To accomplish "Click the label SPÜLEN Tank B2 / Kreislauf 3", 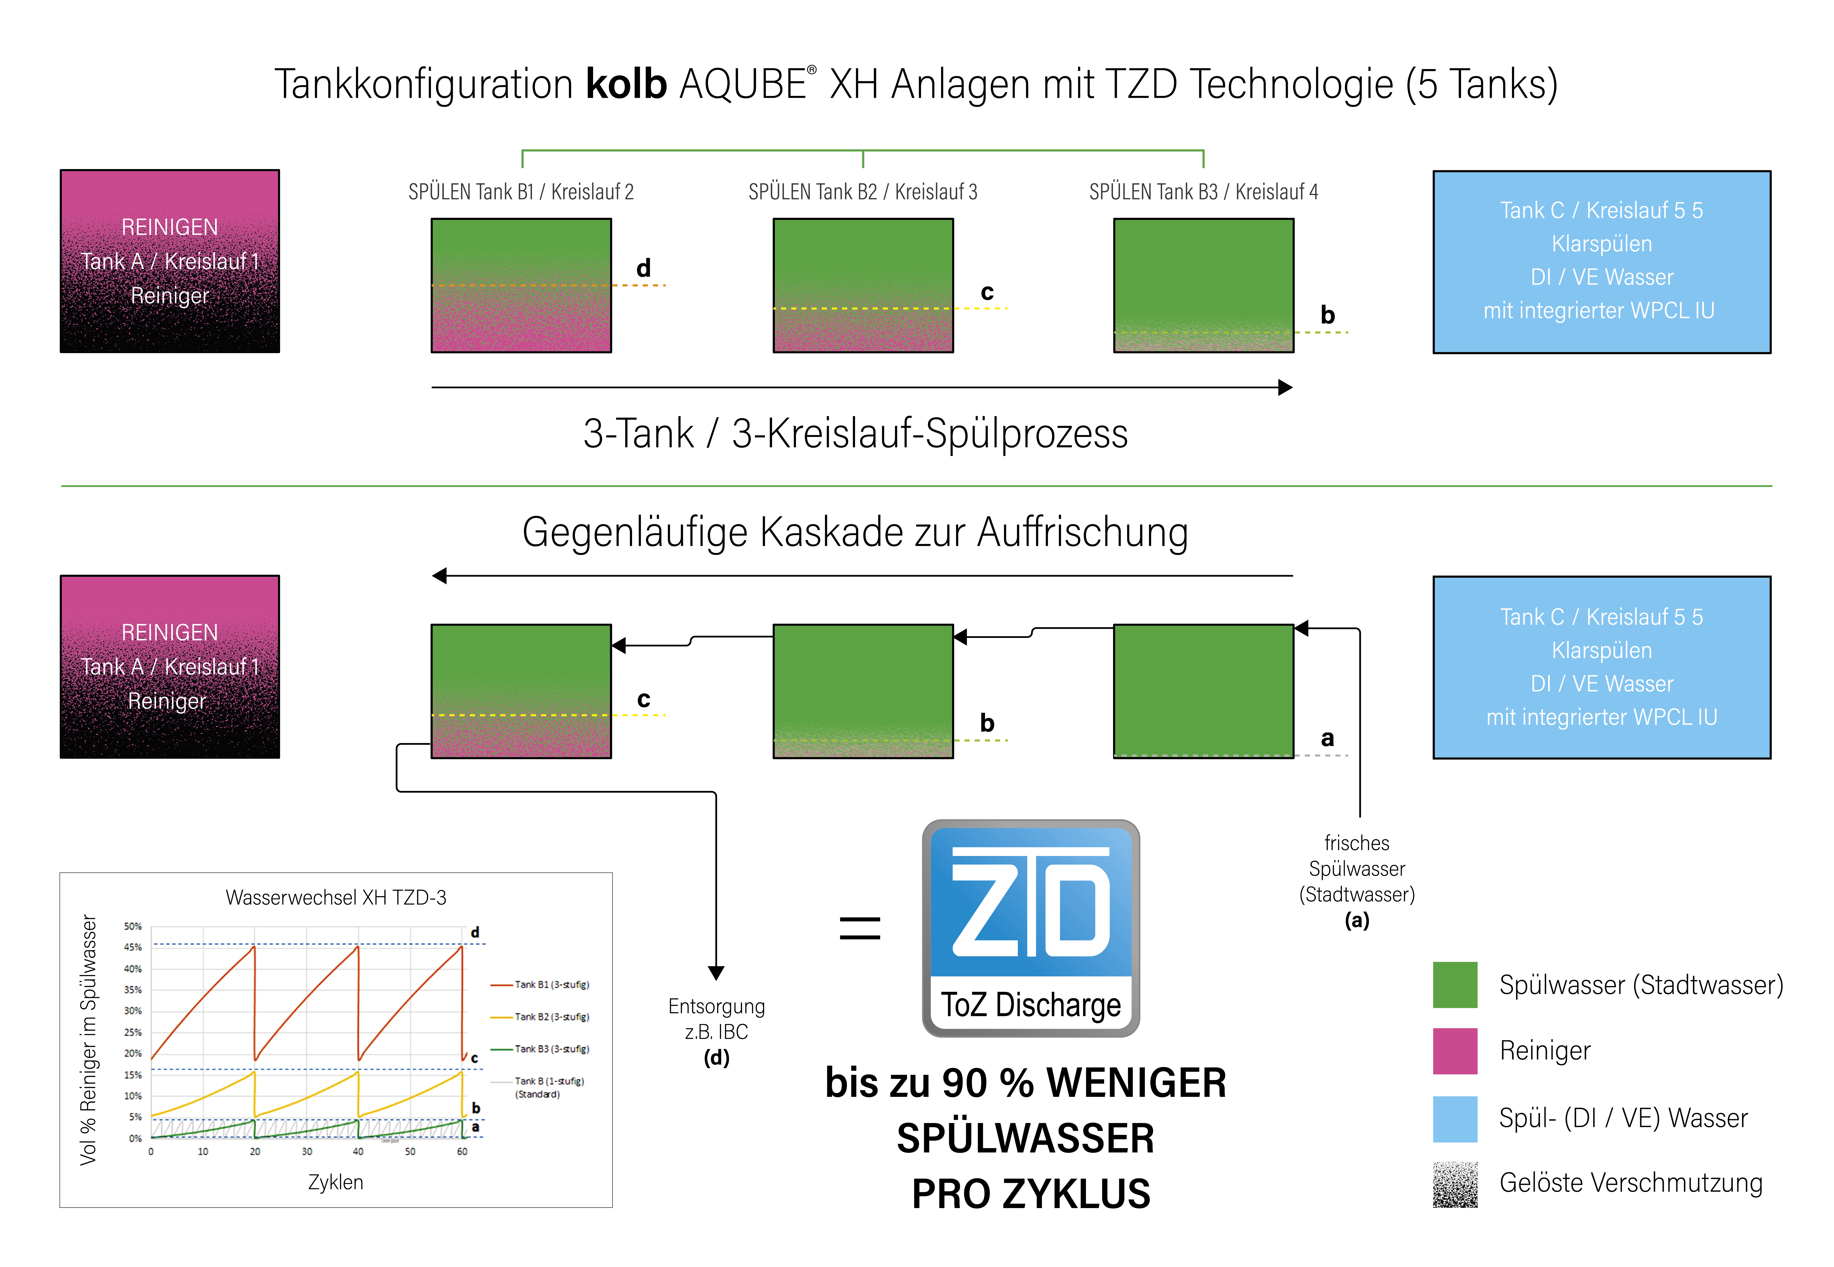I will click(863, 192).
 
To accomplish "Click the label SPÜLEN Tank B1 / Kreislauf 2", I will click(521, 192).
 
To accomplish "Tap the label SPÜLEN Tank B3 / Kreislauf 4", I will click(1203, 192).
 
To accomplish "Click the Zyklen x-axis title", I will click(336, 1182).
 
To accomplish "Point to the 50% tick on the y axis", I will click(133, 926).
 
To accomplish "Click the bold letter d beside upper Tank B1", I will click(644, 268).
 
